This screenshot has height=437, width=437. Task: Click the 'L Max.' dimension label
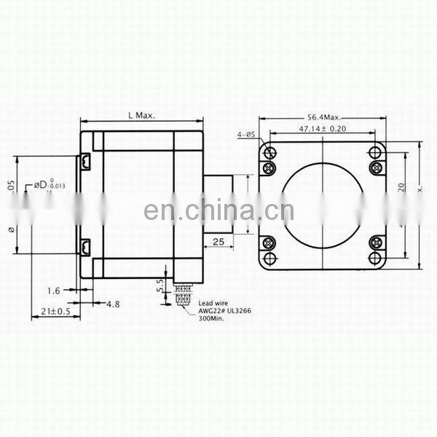(x=141, y=116)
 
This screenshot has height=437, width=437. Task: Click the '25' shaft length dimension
(x=218, y=241)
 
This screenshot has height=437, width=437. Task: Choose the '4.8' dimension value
(x=114, y=302)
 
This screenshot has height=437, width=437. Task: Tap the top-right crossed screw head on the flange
(x=377, y=168)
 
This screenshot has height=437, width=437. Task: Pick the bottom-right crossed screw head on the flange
(x=377, y=243)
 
